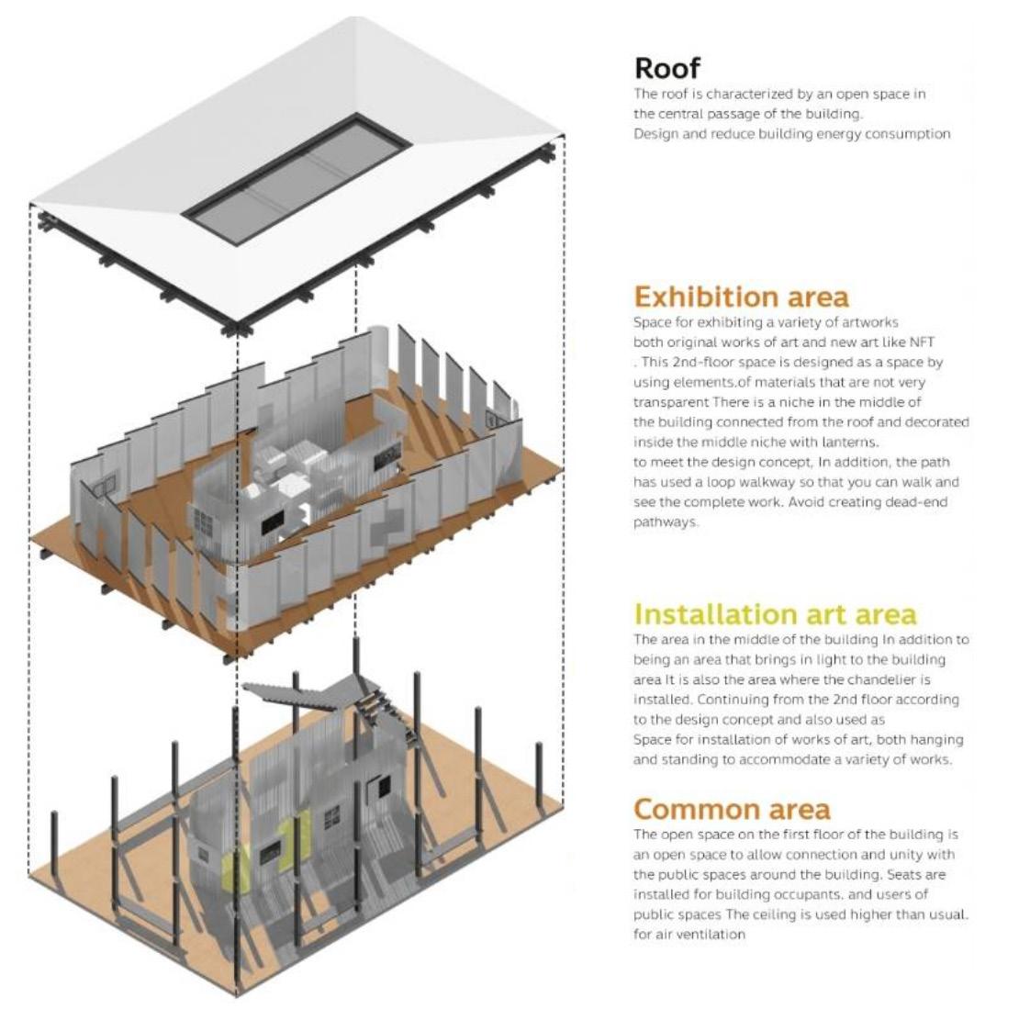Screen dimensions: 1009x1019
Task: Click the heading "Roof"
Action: click(667, 67)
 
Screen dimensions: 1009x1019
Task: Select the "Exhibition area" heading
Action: click(741, 297)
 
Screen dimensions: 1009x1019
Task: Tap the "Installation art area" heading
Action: click(775, 613)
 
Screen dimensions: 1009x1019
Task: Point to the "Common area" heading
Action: click(732, 809)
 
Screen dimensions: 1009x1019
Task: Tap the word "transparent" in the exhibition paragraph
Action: click(671, 402)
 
